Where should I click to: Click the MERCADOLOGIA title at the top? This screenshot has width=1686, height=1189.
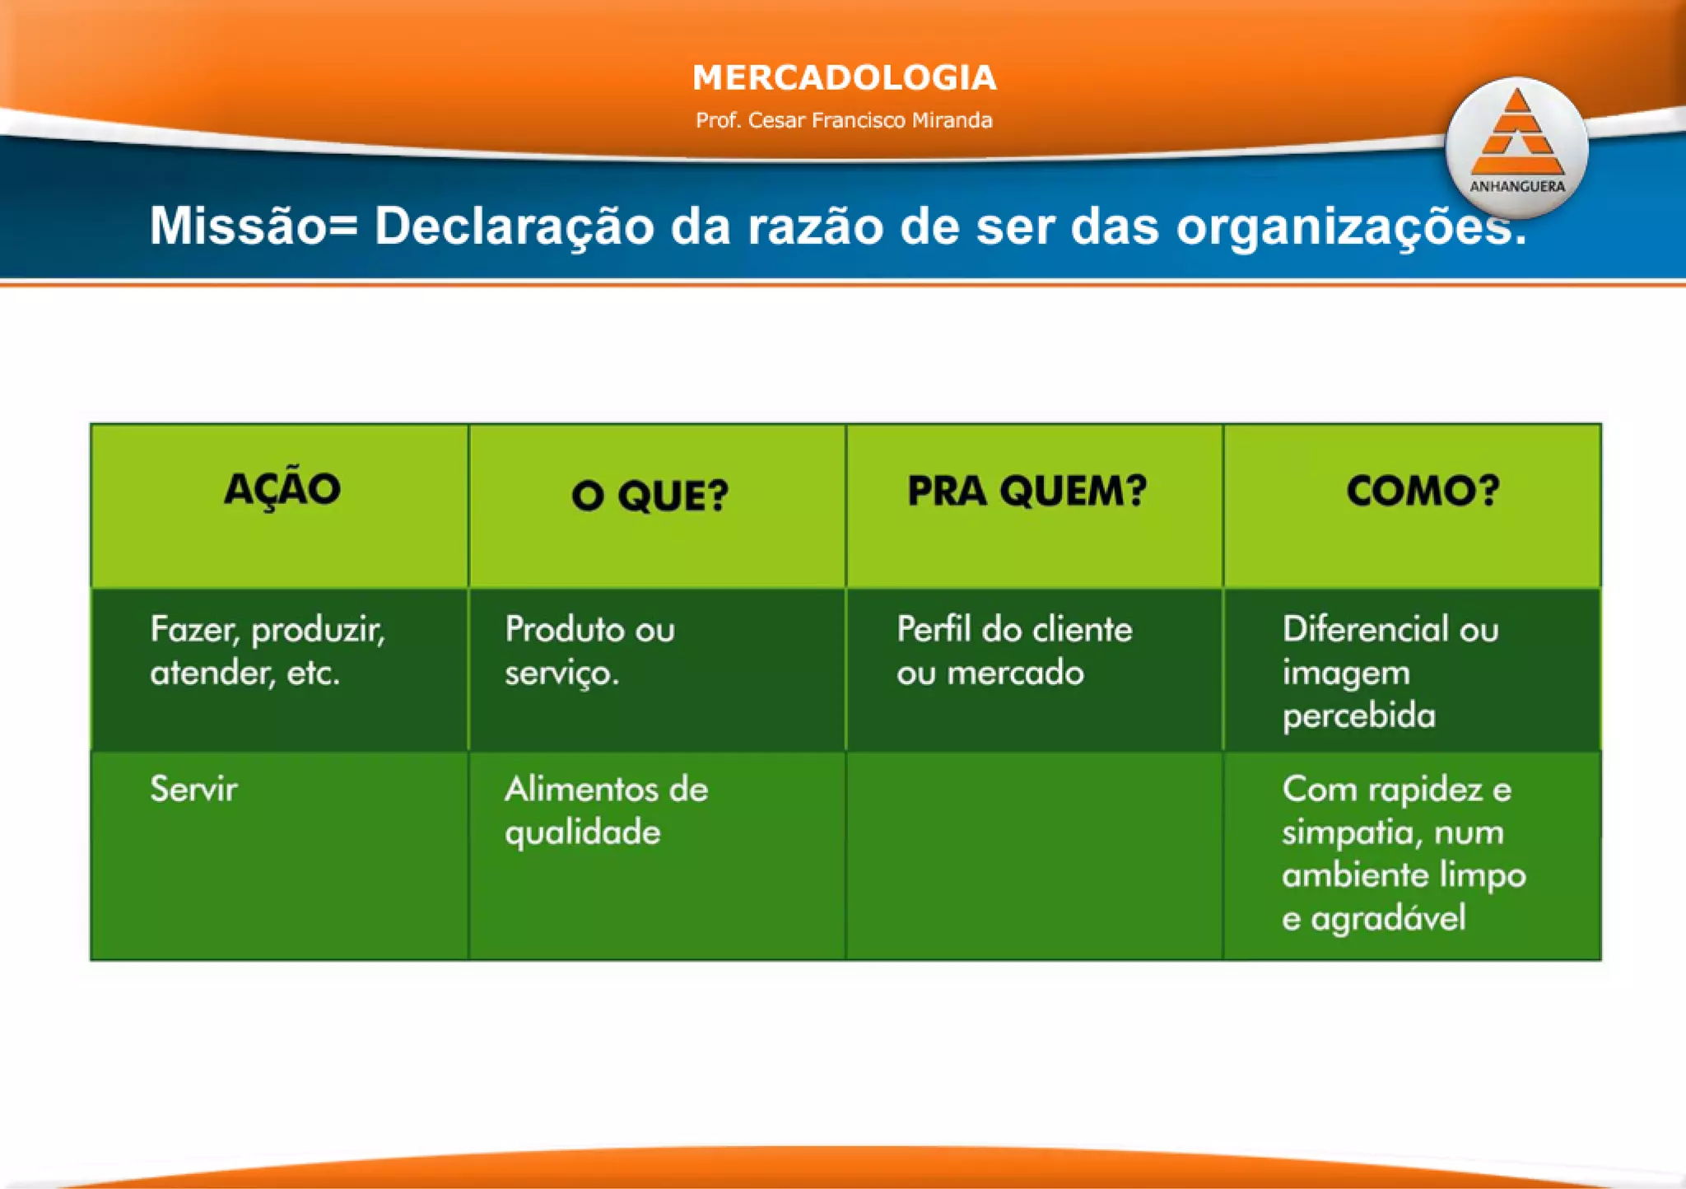(x=844, y=78)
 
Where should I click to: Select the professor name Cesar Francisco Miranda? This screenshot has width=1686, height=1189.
(x=844, y=120)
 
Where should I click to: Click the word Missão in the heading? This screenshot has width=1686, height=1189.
(x=238, y=226)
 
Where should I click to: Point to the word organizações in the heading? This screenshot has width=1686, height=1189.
(x=1350, y=227)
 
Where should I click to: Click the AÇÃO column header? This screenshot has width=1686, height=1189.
(x=282, y=489)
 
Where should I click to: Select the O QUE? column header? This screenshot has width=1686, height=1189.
(x=650, y=496)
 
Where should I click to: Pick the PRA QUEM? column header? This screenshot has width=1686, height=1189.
(x=1027, y=492)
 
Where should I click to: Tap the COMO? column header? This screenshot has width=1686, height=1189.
(x=1423, y=492)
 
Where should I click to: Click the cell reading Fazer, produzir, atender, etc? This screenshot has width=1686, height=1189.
(x=268, y=650)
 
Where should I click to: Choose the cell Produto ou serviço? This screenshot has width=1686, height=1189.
(x=589, y=650)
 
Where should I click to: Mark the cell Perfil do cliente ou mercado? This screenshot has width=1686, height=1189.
(x=1014, y=650)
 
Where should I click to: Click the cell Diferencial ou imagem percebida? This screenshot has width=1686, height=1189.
(x=1390, y=671)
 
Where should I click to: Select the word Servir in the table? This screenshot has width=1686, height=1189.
(x=193, y=789)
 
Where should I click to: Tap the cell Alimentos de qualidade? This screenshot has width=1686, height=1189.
(x=606, y=810)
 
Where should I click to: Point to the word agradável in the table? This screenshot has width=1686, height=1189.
(x=1388, y=918)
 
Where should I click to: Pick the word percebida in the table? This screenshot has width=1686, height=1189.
(x=1358, y=715)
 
